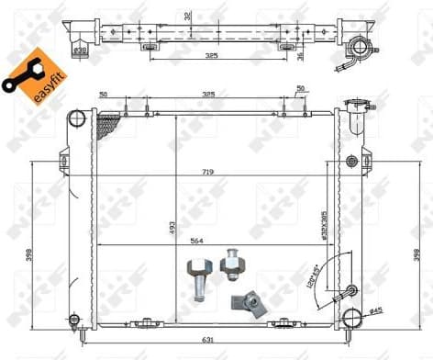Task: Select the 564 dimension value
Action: click(197, 242)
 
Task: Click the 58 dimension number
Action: click(103, 94)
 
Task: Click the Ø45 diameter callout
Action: click(376, 309)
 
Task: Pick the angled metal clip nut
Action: click(250, 302)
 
